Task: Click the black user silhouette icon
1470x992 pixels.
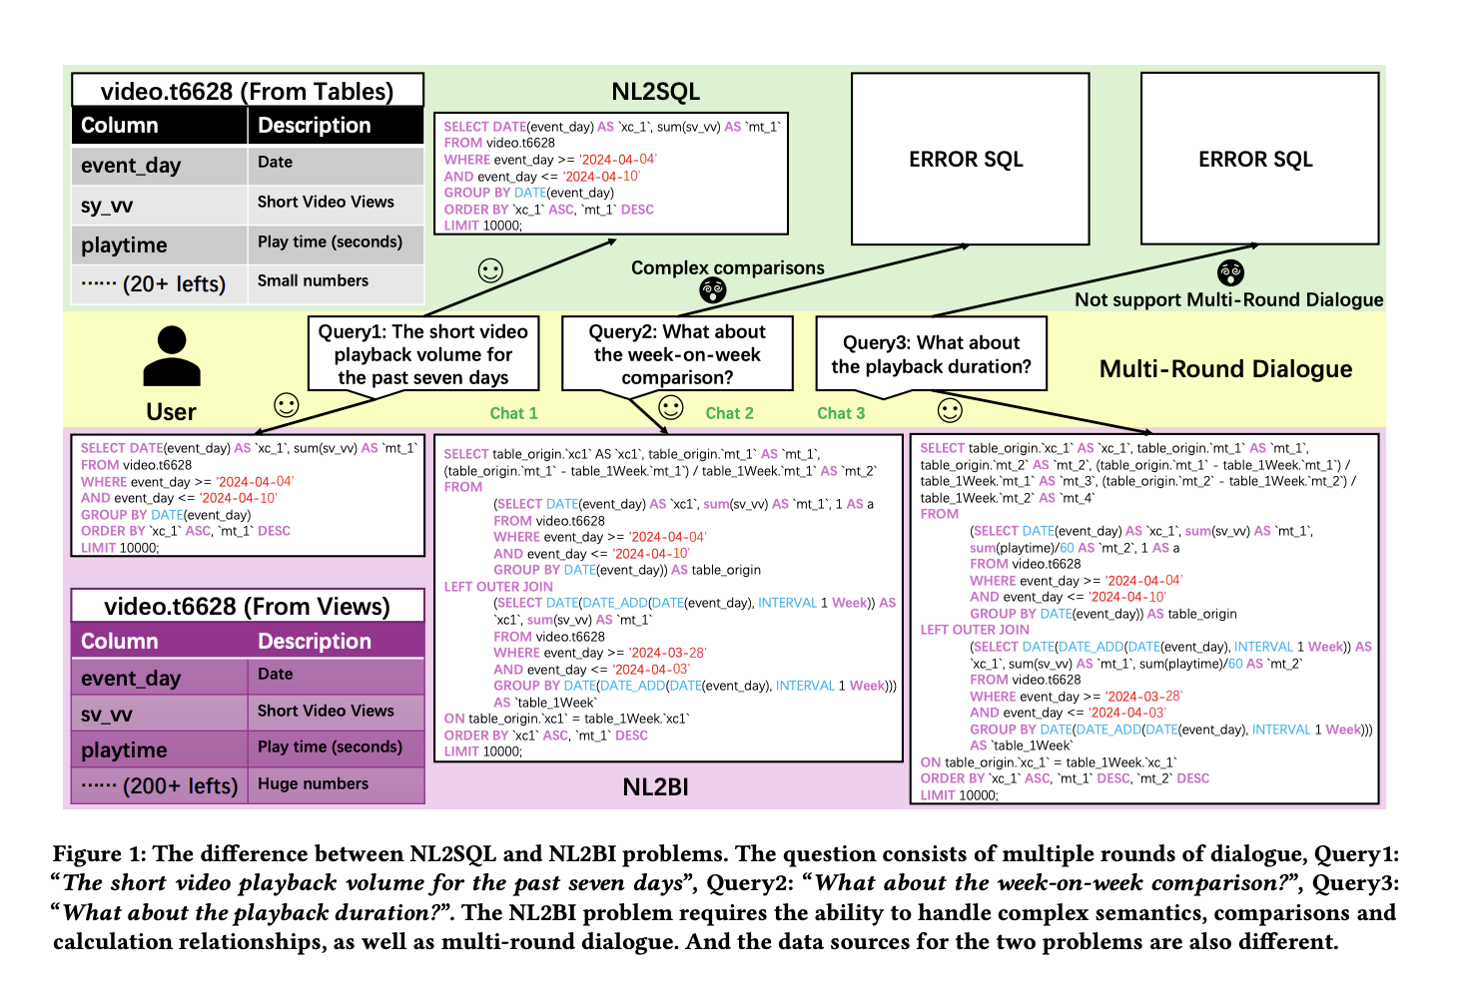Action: (x=172, y=356)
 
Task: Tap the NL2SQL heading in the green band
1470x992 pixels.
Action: (x=655, y=92)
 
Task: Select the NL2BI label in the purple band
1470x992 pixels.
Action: (x=655, y=787)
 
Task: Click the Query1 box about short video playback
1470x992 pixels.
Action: (x=423, y=354)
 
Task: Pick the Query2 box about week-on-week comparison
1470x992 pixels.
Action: (x=677, y=354)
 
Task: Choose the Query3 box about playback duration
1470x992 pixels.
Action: (x=931, y=354)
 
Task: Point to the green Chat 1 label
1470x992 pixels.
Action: (x=513, y=413)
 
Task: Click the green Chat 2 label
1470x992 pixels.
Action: (x=729, y=413)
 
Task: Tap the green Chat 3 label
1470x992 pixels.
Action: (x=841, y=413)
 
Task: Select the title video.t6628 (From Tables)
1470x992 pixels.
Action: (x=247, y=91)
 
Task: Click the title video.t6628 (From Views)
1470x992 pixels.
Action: (x=247, y=607)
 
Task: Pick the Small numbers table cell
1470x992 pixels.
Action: (x=313, y=281)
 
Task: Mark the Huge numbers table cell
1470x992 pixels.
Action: (x=313, y=784)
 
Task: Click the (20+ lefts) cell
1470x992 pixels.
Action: (x=155, y=284)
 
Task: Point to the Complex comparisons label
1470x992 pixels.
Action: (x=727, y=267)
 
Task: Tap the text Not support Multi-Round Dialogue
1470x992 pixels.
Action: (x=1228, y=299)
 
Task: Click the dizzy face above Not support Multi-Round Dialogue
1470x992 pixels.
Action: (x=1230, y=272)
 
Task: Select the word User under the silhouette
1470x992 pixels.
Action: (x=171, y=412)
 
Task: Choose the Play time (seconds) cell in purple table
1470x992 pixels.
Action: (x=330, y=747)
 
